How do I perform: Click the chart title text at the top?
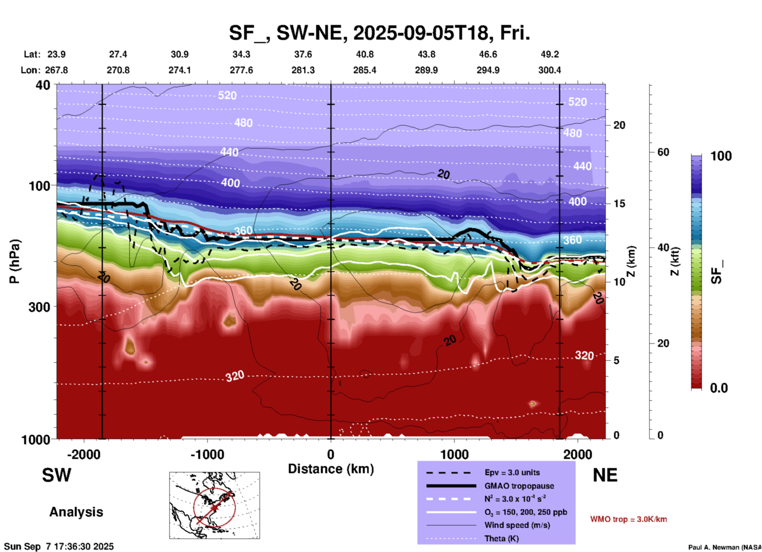pos(379,33)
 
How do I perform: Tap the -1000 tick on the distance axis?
pos(207,454)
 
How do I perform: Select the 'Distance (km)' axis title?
pos(331,469)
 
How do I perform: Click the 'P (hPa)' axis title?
pos(15,261)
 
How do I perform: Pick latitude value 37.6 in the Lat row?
pos(303,54)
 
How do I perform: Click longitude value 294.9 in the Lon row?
pos(488,70)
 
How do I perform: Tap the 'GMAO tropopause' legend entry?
pos(519,486)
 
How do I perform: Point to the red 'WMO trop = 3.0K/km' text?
pos(628,519)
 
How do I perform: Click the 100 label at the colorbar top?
pos(721,156)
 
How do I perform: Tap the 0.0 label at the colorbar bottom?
pos(719,388)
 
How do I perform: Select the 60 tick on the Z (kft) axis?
pos(663,152)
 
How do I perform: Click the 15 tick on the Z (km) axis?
pos(619,204)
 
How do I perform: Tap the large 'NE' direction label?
pos(605,475)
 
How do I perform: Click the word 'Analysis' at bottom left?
pos(76,512)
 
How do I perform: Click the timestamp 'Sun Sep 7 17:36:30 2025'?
pos(59,546)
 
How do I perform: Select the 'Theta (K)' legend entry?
pos(501,539)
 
